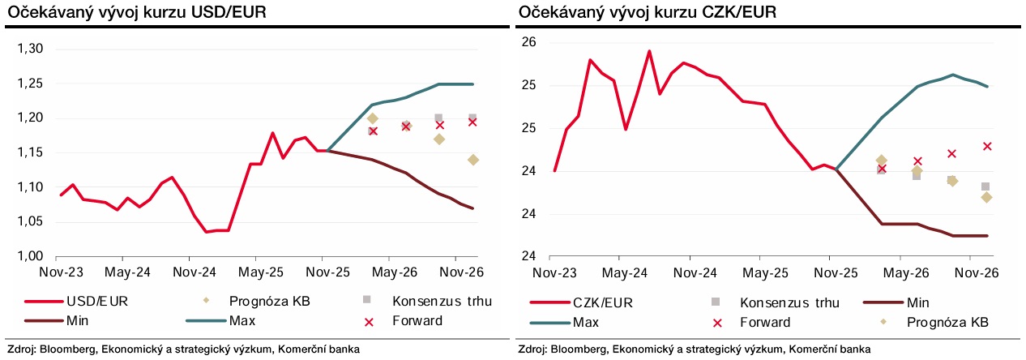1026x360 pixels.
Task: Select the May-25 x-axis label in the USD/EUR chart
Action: tap(259, 272)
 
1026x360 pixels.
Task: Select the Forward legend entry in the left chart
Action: tap(416, 321)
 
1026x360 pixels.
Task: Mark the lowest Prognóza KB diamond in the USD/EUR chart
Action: tap(472, 160)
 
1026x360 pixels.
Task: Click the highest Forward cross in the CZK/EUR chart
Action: tap(986, 147)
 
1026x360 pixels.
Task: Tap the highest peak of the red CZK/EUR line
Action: tap(649, 51)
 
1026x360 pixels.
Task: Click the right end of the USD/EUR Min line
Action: tap(472, 208)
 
